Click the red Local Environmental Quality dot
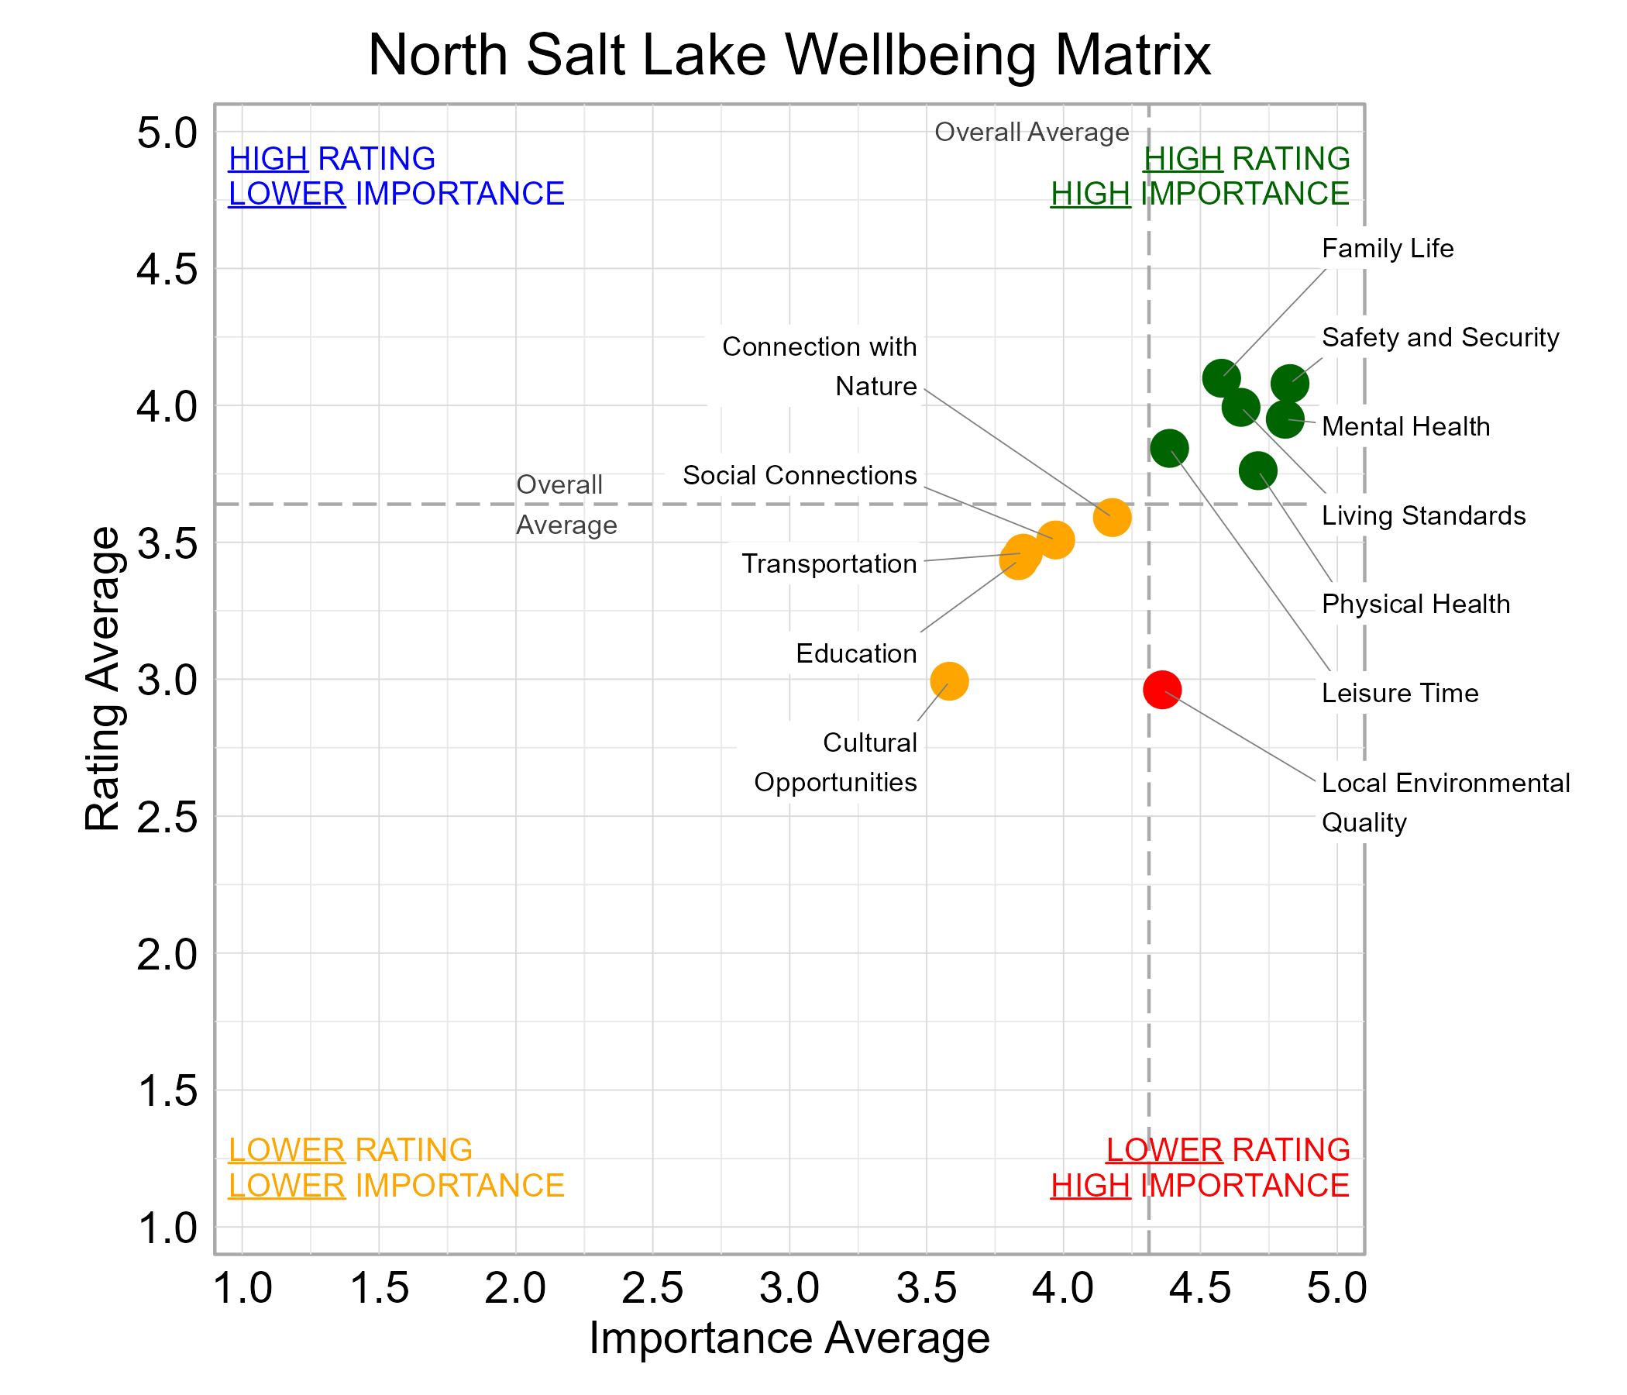click(1161, 690)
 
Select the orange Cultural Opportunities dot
click(949, 681)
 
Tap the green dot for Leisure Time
click(1169, 449)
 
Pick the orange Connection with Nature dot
click(1112, 518)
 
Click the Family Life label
click(1387, 249)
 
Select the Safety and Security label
click(1440, 338)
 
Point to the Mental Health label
click(1405, 426)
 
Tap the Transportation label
click(828, 564)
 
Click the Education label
click(856, 653)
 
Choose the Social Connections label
click(799, 475)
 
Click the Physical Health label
click(1415, 604)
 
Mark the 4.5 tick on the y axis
click(167, 270)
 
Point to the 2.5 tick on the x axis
click(652, 1288)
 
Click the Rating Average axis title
click(103, 680)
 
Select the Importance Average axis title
click(789, 1338)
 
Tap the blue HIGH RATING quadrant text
click(332, 159)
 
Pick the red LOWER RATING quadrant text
click(1227, 1150)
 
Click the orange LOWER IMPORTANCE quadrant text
click(396, 1185)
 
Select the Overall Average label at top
click(1031, 132)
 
